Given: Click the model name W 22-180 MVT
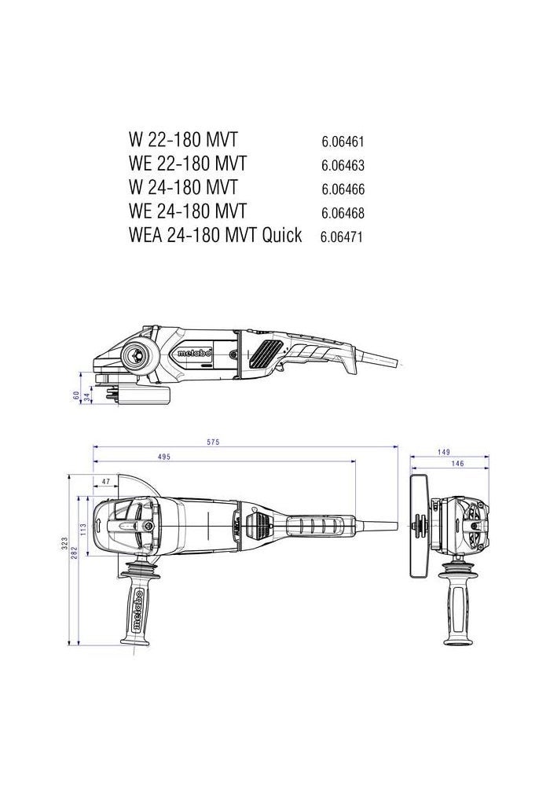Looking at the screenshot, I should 181,140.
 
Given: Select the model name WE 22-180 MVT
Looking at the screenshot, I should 187,163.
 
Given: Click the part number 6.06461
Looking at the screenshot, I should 343,142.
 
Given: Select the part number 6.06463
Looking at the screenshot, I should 343,166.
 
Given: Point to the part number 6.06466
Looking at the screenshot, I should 343,189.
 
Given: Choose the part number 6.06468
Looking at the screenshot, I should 343,213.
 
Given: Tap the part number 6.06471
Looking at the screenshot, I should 341,237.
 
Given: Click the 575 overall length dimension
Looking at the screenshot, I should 213,443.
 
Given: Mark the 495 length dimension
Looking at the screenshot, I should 164,457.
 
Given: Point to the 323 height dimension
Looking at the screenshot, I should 67,543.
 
